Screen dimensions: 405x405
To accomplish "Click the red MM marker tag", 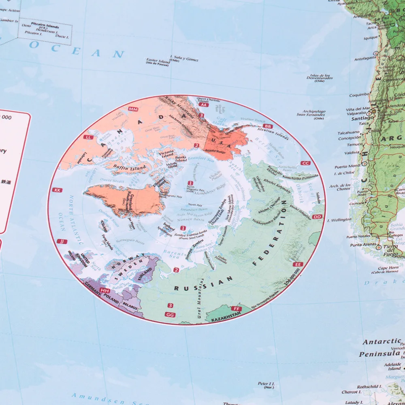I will click(x=133, y=109).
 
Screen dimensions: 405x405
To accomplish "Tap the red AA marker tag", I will click(x=204, y=105).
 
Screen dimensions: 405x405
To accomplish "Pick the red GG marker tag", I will click(x=170, y=314).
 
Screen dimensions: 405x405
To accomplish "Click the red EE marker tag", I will click(x=298, y=264).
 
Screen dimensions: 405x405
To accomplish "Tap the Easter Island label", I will click(x=158, y=61).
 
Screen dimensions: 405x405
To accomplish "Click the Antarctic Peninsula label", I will click(x=381, y=348).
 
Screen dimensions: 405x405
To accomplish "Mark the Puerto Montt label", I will click(x=347, y=166).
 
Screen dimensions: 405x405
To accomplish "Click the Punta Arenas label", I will click(x=364, y=245).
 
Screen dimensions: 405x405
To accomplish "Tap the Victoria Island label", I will click(x=167, y=154).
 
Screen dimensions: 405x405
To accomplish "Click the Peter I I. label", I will click(x=266, y=383).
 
